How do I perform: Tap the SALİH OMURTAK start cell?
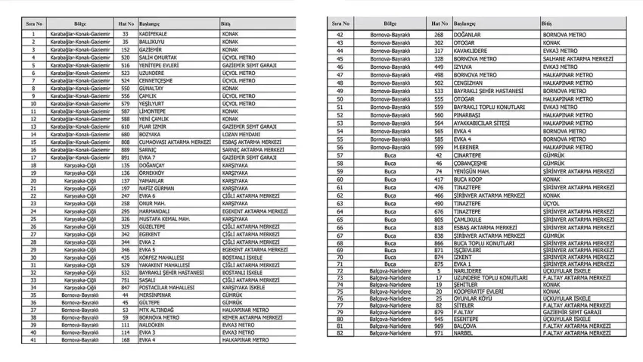[x=157, y=58]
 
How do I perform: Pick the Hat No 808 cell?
[x=125, y=142]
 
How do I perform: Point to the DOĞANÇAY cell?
[x=152, y=165]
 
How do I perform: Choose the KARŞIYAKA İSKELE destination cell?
[x=244, y=288]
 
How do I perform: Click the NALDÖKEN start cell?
[x=153, y=325]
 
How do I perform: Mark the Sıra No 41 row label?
[x=33, y=340]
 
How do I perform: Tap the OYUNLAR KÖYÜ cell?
[x=473, y=298]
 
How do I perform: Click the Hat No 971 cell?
[x=438, y=332]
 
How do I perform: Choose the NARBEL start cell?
[x=463, y=332]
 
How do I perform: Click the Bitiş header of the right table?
[x=546, y=24]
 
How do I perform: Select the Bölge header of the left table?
[x=80, y=24]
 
